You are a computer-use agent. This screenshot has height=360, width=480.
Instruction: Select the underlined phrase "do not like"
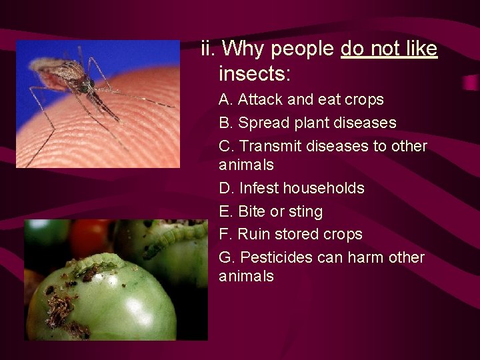coord(389,49)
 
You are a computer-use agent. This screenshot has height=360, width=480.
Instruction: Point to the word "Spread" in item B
coord(263,123)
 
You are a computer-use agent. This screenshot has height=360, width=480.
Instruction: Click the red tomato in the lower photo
coord(91,237)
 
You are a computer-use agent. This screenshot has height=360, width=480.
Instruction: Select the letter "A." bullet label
coord(226,100)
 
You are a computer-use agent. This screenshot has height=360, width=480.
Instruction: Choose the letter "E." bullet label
coord(226,212)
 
